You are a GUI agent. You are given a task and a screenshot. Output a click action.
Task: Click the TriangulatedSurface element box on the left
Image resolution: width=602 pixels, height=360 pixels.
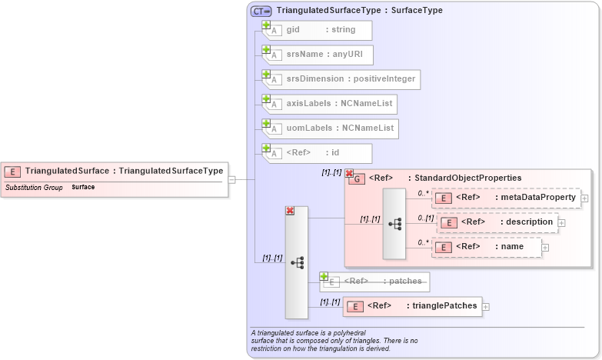(115, 171)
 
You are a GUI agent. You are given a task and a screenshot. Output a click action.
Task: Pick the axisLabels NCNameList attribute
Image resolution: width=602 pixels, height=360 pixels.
(331, 103)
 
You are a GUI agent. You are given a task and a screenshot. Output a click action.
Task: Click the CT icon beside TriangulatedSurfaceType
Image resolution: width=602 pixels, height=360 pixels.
(261, 12)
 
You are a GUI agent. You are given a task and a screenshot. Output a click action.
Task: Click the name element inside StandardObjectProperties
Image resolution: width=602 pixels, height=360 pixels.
(487, 247)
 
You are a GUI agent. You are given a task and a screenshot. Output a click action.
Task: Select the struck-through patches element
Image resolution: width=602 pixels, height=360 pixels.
(375, 282)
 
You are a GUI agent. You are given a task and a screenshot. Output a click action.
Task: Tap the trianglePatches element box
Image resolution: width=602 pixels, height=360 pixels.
(412, 306)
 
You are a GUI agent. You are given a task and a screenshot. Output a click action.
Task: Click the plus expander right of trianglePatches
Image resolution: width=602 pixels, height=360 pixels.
(486, 306)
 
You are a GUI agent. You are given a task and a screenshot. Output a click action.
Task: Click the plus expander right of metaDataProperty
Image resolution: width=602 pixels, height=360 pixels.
(585, 198)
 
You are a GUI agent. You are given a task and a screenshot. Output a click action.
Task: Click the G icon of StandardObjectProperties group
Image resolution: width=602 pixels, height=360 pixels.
(357, 178)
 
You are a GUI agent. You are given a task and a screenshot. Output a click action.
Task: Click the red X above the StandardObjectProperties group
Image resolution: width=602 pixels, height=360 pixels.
(349, 174)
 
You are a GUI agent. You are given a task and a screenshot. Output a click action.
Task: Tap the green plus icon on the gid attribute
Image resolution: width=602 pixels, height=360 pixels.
(267, 25)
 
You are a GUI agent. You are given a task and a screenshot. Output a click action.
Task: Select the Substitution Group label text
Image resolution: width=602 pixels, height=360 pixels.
(34, 188)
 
